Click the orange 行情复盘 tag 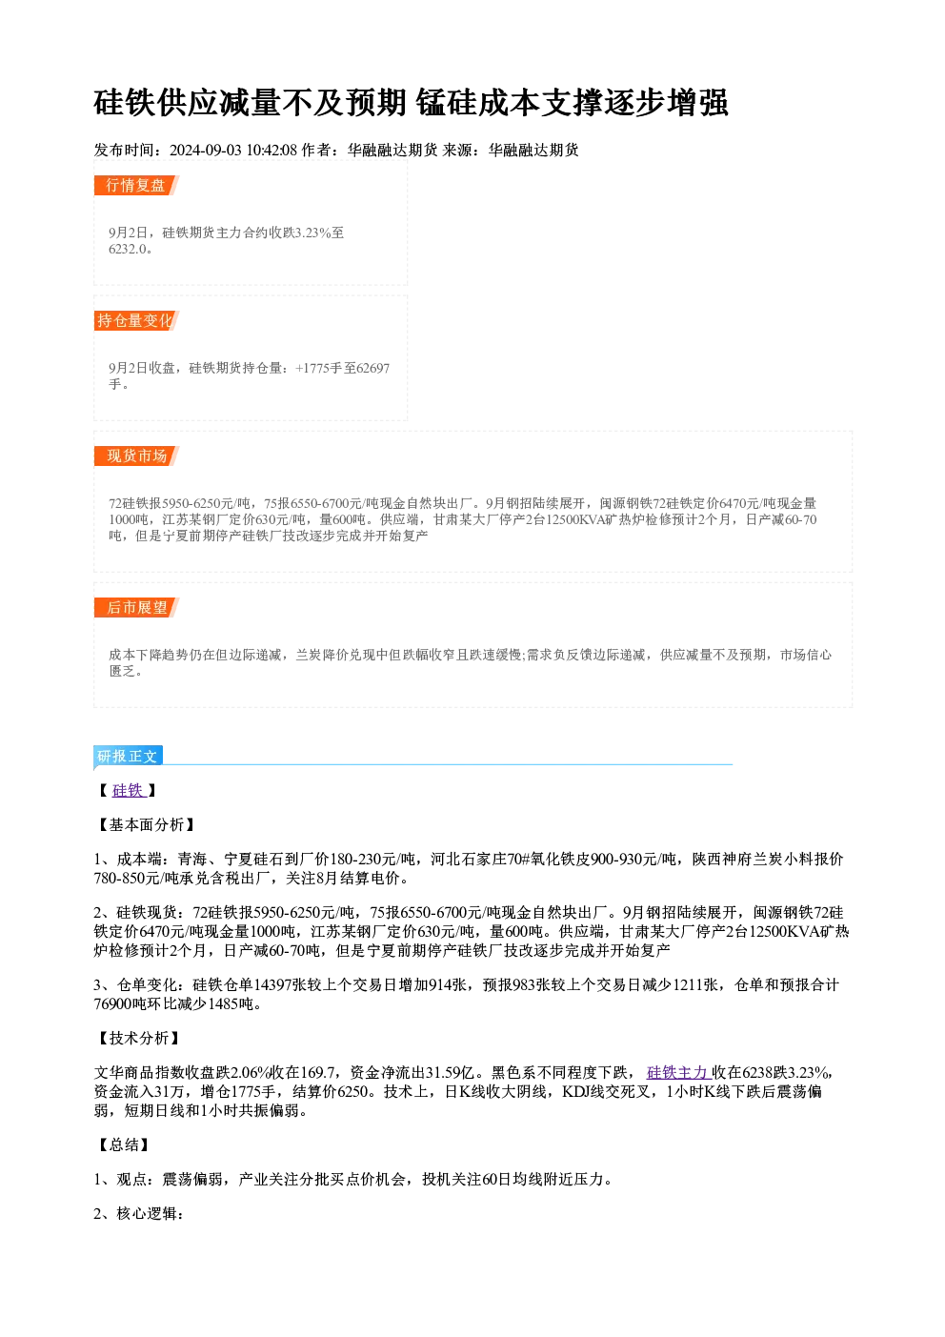(x=136, y=185)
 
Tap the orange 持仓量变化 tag (x=136, y=320)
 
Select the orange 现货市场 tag (x=136, y=456)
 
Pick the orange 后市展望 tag (x=136, y=608)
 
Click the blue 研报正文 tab (x=128, y=757)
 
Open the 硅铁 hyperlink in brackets (x=129, y=790)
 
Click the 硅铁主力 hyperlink (x=678, y=1073)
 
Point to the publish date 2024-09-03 (x=206, y=150)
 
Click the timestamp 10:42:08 (x=271, y=150)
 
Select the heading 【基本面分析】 (x=146, y=825)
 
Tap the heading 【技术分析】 (x=138, y=1038)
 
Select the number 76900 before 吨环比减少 (x=112, y=1004)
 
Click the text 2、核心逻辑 (x=139, y=1213)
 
